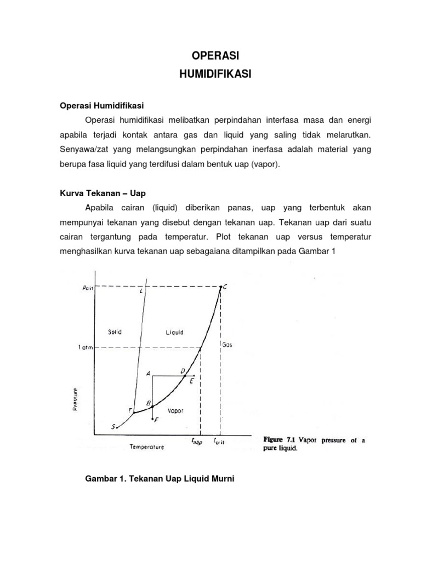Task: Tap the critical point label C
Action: click(225, 286)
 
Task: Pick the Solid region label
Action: click(115, 332)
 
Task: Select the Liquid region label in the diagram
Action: click(174, 332)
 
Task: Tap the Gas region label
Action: click(228, 345)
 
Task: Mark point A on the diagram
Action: click(148, 373)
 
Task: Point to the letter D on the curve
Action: click(183, 371)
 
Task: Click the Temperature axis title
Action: click(146, 446)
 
